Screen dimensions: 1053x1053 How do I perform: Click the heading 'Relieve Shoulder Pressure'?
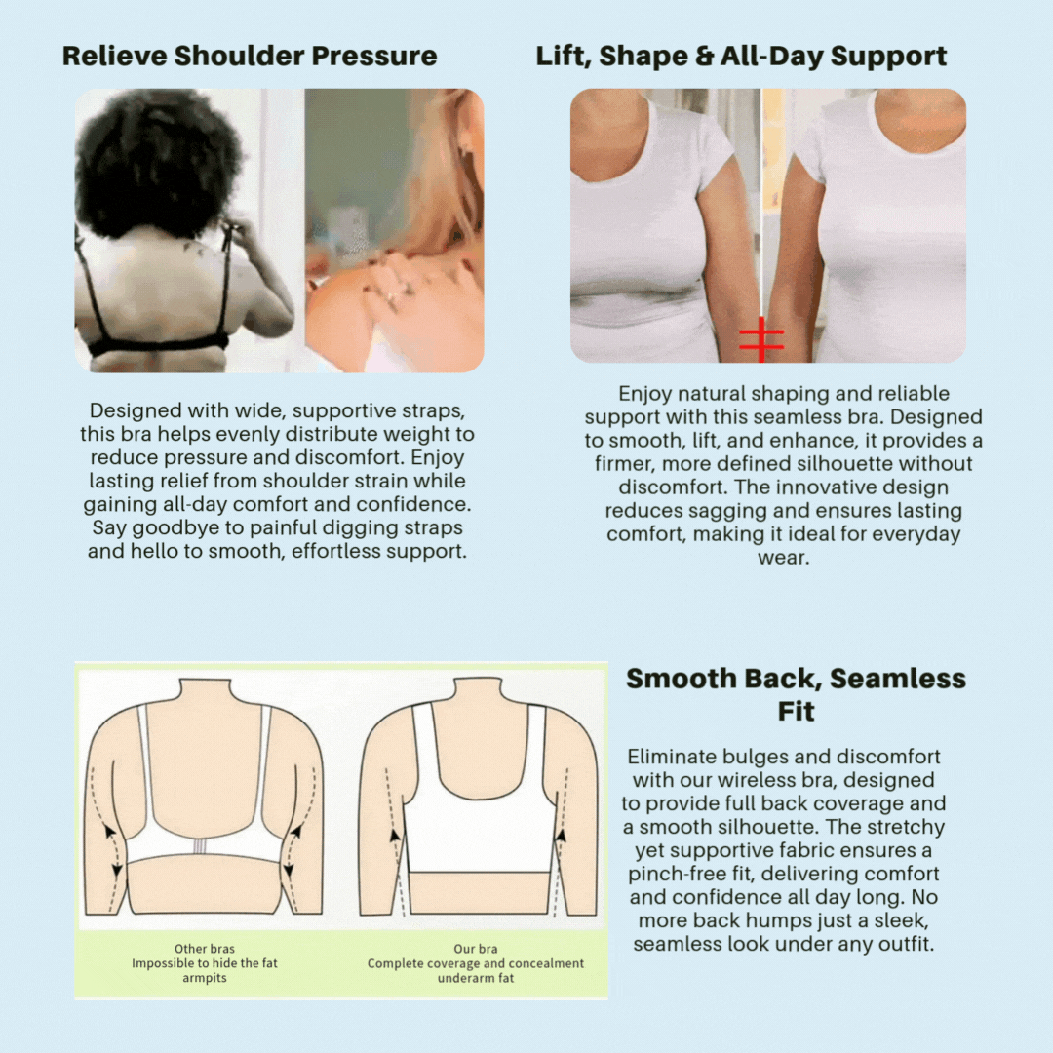tap(250, 56)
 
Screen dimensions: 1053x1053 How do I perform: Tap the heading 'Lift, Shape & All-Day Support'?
tap(741, 57)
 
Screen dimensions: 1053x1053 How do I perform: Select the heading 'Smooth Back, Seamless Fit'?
tap(796, 694)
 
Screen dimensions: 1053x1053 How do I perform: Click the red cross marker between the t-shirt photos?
tap(761, 339)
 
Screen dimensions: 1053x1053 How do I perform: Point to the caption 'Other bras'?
tap(205, 949)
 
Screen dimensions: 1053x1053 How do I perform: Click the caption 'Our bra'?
tap(476, 949)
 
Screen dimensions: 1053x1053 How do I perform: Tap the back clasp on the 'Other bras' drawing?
tap(200, 846)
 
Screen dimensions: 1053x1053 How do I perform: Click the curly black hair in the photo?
tap(159, 161)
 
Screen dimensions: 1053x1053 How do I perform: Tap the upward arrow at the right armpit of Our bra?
tap(562, 837)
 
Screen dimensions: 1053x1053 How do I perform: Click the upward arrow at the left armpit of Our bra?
tap(395, 837)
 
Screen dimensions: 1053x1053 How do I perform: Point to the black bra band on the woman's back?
tap(158, 348)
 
